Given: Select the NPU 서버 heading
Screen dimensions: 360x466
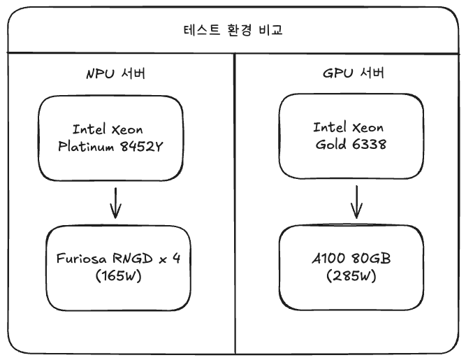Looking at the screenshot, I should coord(115,75).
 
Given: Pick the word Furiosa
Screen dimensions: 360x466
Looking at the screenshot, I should coord(80,259).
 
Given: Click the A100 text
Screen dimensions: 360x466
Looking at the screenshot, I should coord(326,259).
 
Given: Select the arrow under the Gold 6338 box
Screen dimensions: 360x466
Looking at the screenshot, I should coord(356,203).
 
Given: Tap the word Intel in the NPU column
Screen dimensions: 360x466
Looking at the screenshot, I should coord(89,129).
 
